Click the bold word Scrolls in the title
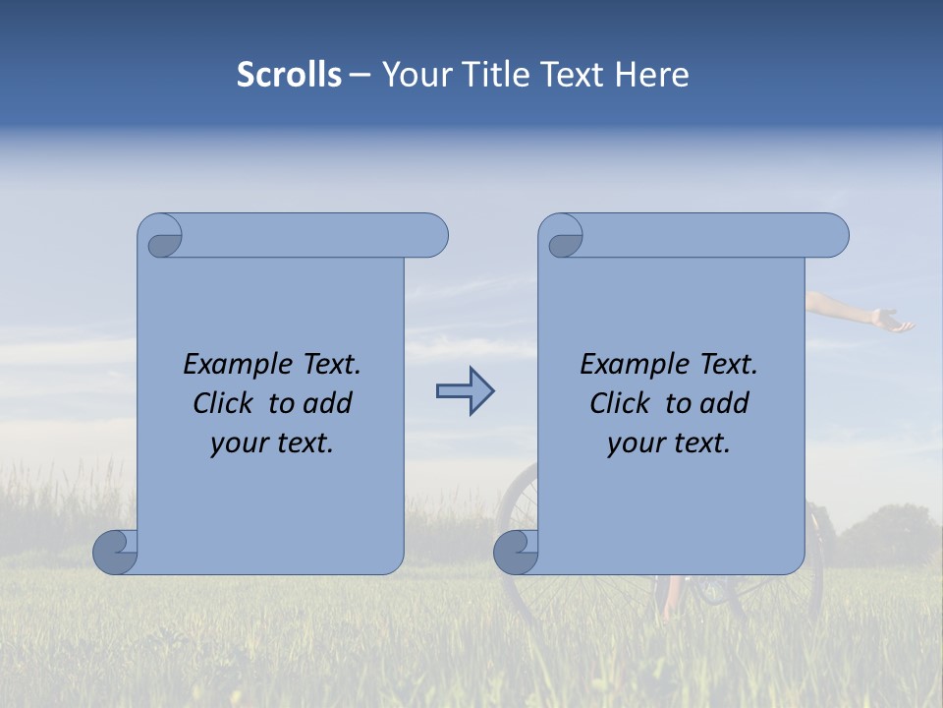click(x=289, y=75)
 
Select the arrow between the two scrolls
click(x=465, y=391)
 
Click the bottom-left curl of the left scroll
click(x=115, y=552)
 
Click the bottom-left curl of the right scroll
click(x=516, y=552)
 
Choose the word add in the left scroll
click(x=328, y=403)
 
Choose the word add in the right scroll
click(x=725, y=403)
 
